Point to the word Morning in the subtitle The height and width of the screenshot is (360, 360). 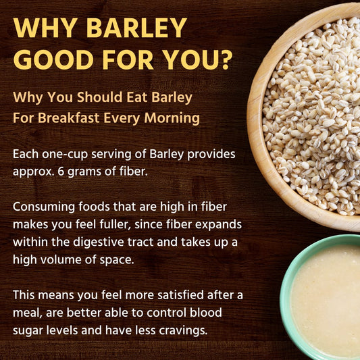[x=174, y=118]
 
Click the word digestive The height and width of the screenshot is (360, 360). [x=106, y=242]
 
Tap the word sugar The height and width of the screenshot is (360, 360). [x=29, y=330]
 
